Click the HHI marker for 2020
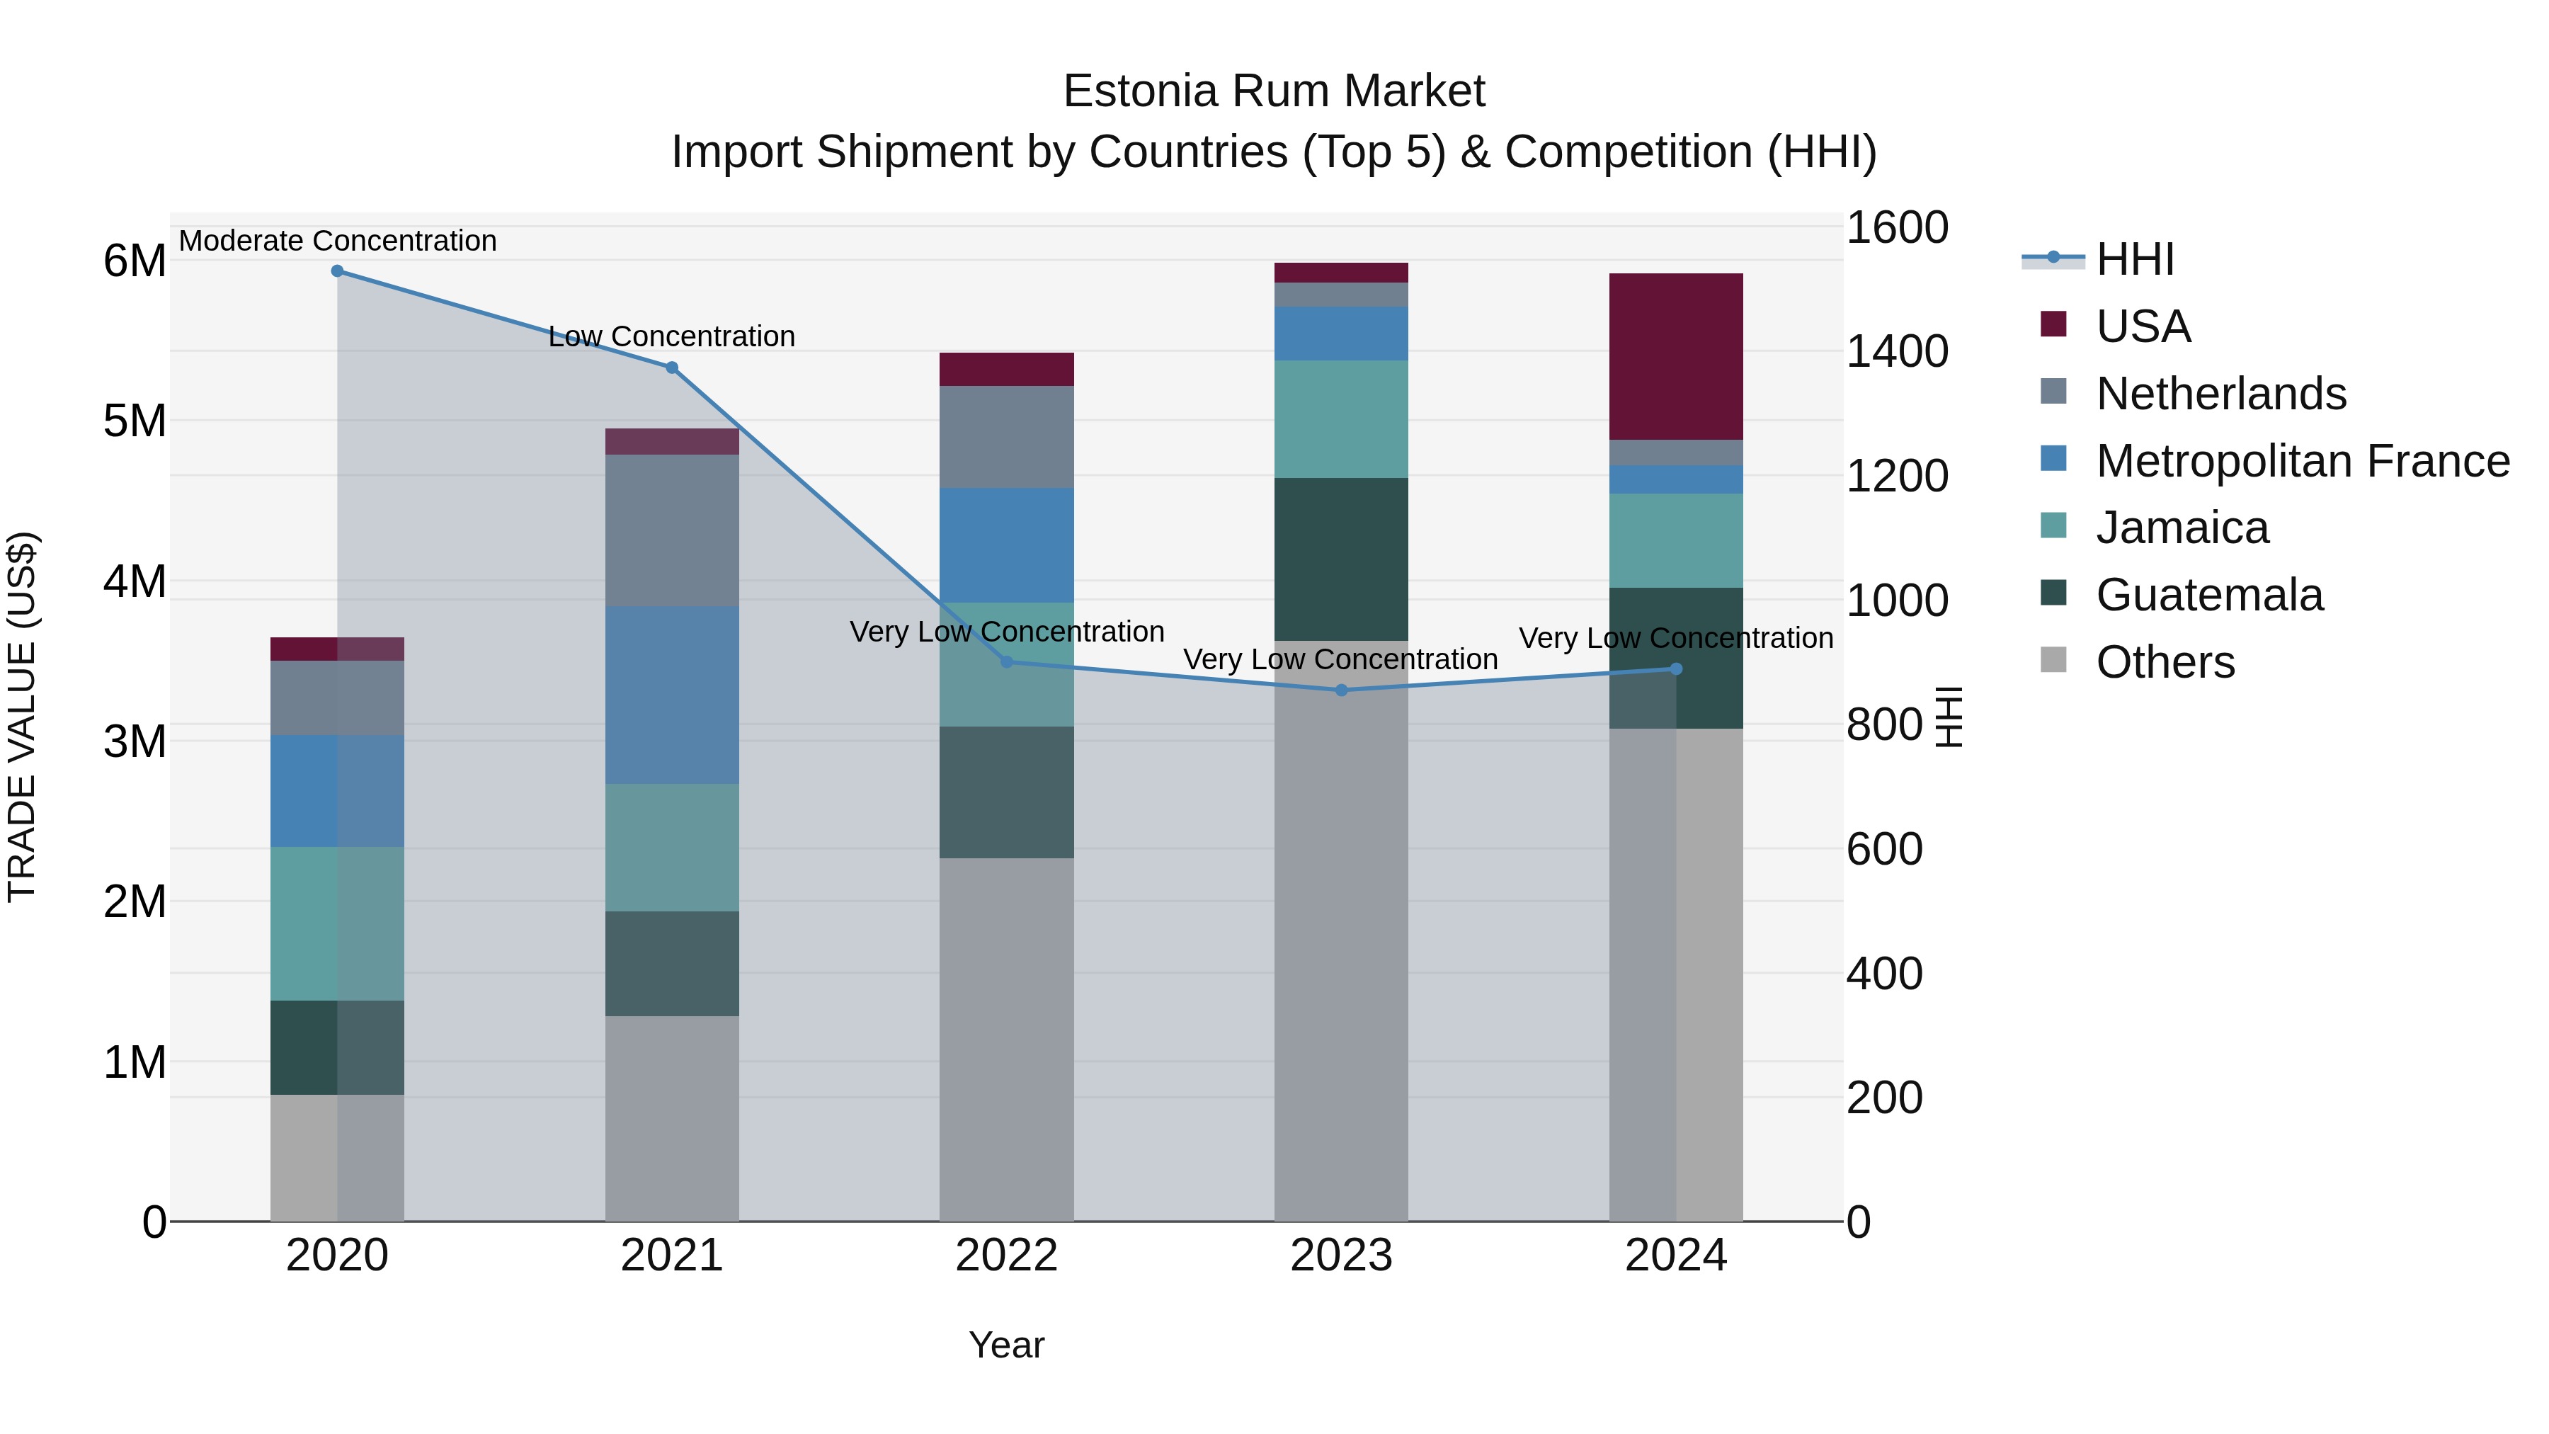(x=338, y=271)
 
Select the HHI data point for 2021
(x=672, y=368)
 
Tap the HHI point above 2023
(x=1342, y=690)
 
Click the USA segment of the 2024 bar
(x=1676, y=356)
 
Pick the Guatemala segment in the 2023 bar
(x=1342, y=559)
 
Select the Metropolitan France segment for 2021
(x=672, y=695)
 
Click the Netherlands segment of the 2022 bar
(x=1006, y=436)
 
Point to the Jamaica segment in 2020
(x=338, y=923)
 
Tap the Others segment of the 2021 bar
(x=672, y=1118)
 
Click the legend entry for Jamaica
(x=2182, y=528)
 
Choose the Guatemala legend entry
(x=2208, y=595)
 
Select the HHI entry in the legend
(x=2135, y=259)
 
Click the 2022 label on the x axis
(x=1006, y=1256)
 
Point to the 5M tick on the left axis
(x=135, y=421)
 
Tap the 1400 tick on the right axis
(x=1897, y=351)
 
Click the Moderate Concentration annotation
(x=338, y=241)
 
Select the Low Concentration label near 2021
(x=672, y=336)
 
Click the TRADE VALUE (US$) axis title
(x=22, y=717)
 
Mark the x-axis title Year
(x=1006, y=1345)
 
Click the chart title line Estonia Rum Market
(x=1274, y=91)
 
